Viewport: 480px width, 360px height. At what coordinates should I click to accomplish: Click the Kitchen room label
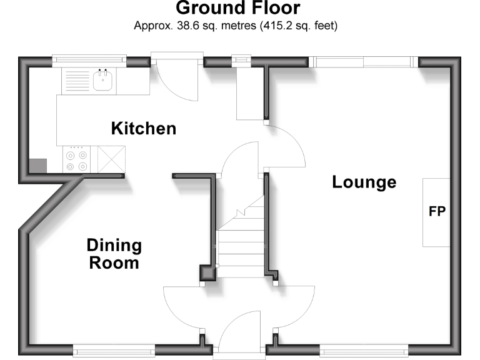tap(143, 129)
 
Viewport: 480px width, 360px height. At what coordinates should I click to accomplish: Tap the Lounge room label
tap(364, 182)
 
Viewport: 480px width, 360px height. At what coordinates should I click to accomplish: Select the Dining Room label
tap(114, 254)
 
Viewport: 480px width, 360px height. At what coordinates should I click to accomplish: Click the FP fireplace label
tap(437, 211)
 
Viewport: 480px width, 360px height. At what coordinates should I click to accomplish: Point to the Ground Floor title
tap(237, 9)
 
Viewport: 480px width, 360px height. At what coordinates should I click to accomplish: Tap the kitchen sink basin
tap(102, 80)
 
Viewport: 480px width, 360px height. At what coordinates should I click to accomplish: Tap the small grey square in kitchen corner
tap(39, 166)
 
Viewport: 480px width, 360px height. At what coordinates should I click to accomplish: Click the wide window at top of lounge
tap(363, 61)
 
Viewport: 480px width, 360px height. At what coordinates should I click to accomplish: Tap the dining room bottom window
tap(114, 351)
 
